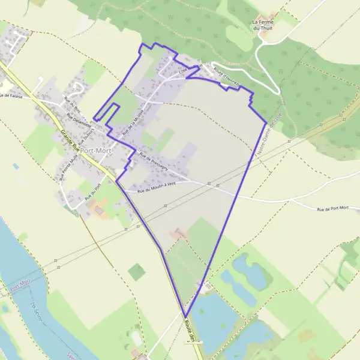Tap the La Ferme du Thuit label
(x=263, y=24)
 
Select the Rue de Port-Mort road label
(x=332, y=208)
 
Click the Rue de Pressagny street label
(x=152, y=161)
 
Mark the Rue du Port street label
(x=91, y=193)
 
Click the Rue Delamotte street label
(x=79, y=125)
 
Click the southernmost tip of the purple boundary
(x=185, y=317)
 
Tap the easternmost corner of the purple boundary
(x=266, y=123)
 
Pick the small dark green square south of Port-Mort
(x=137, y=272)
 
